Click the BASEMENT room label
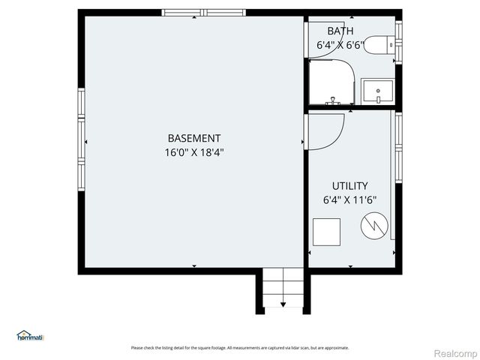coord(193,138)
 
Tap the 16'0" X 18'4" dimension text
coord(194,152)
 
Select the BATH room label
coord(340,31)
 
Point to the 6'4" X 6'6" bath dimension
coord(340,45)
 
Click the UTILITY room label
coord(349,186)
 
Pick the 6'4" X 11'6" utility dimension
coord(349,200)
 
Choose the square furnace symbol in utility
coord(326,231)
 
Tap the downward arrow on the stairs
coord(283,304)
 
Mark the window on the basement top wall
coord(196,13)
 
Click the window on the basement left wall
coord(81,139)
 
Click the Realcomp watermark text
coord(456,352)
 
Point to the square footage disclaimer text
coord(240,348)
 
